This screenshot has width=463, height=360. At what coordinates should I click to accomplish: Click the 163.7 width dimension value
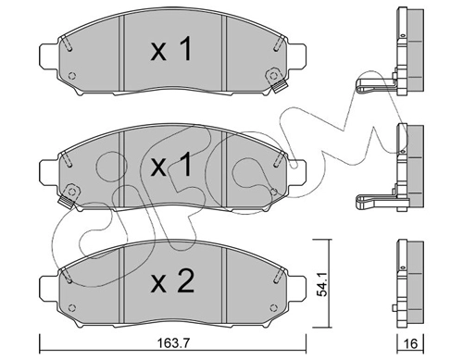[x=173, y=342]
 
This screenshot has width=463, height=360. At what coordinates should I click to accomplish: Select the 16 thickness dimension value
[x=410, y=343]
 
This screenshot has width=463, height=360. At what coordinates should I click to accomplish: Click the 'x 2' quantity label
[x=172, y=280]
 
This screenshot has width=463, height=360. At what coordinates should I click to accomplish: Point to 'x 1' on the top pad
[x=171, y=48]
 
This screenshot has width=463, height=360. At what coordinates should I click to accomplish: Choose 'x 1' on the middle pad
[x=171, y=165]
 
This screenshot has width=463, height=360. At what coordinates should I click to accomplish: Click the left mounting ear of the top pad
[x=49, y=57]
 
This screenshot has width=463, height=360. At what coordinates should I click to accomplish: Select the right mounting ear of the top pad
[x=297, y=57]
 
